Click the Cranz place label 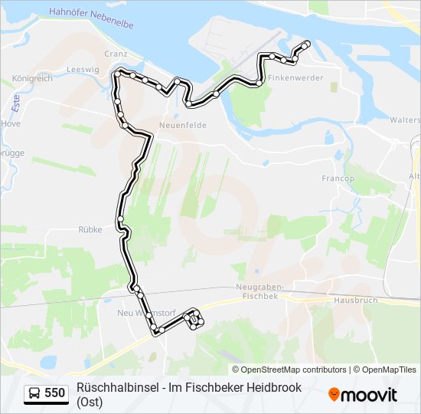[x=116, y=54]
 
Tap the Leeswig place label [x=83, y=69]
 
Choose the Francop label [x=338, y=178]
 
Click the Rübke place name [x=90, y=228]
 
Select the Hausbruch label [x=356, y=300]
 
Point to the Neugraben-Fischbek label [x=256, y=291]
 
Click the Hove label [x=11, y=123]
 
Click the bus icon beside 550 [x=34, y=393]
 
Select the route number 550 [x=55, y=393]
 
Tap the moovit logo [x=363, y=395]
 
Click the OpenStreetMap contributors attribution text [x=283, y=370]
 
